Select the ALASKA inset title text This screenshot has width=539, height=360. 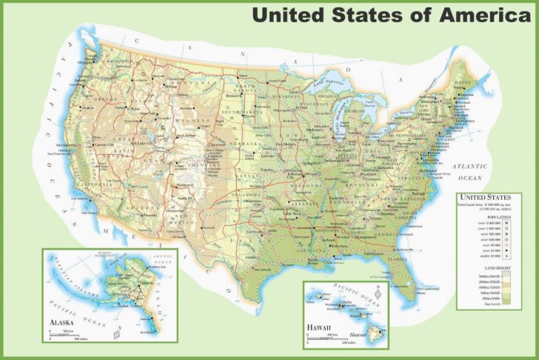point(62,323)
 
